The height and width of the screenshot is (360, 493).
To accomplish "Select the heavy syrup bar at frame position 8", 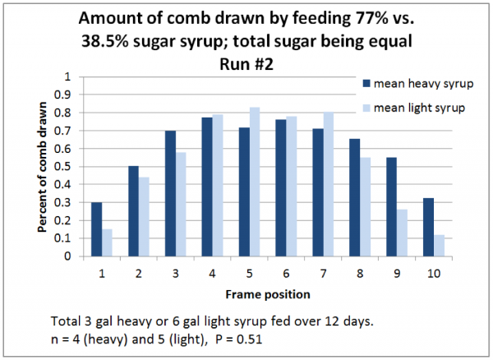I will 355,197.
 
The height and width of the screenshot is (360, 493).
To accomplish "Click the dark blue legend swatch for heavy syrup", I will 366,84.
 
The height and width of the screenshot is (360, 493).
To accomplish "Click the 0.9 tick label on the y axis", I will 68,95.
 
